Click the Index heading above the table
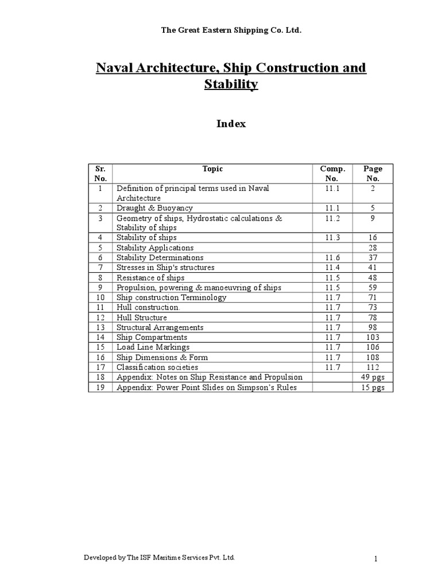[x=231, y=123]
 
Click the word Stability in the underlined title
[x=231, y=85]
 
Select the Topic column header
[x=212, y=169]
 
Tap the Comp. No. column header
[x=332, y=173]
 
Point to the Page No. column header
[x=373, y=173]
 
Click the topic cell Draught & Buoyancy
[x=154, y=208]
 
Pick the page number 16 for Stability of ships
[x=373, y=237]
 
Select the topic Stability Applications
[x=154, y=248]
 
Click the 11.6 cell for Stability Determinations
[x=332, y=257]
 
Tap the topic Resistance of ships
[x=150, y=277]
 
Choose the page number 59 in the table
[x=373, y=287]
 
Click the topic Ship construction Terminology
[x=171, y=298]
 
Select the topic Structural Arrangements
[x=160, y=327]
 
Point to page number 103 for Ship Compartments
[x=373, y=337]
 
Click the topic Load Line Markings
[x=153, y=347]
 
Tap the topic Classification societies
[x=157, y=367]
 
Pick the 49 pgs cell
[x=373, y=377]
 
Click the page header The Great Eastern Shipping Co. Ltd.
[x=221, y=30]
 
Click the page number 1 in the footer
[x=374, y=558]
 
